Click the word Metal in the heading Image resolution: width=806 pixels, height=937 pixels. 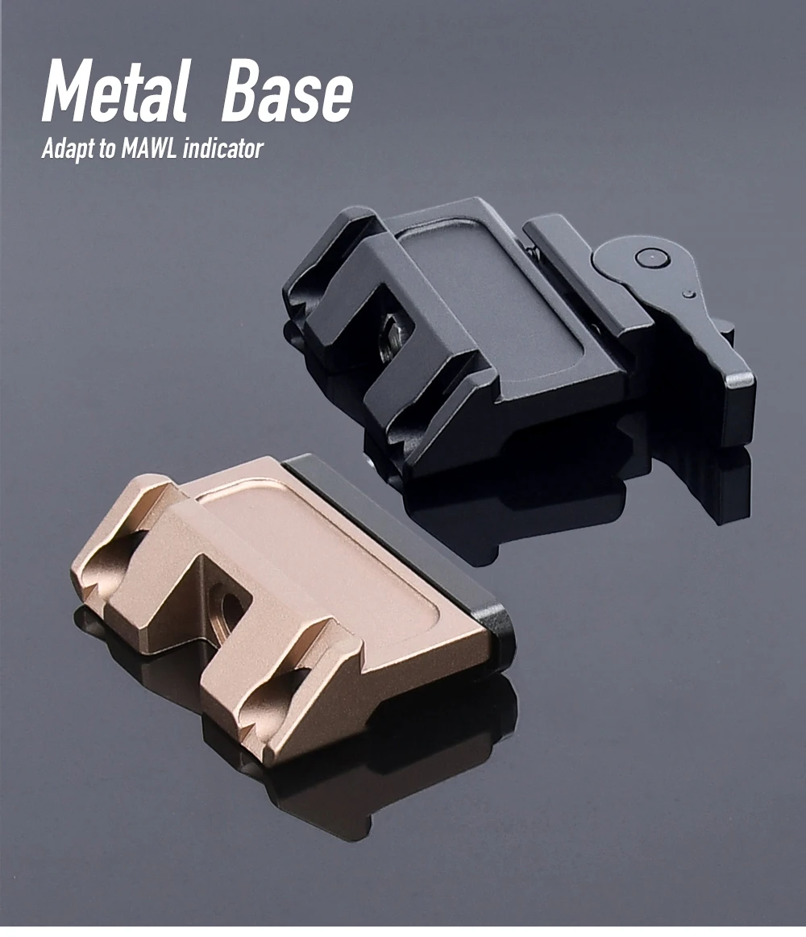[x=114, y=91]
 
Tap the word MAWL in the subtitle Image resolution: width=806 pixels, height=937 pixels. [x=149, y=148]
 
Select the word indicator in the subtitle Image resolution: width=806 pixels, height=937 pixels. [x=223, y=148]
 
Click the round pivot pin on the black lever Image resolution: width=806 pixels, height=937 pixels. [x=650, y=258]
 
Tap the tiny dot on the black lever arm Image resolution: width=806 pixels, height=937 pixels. [x=690, y=293]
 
